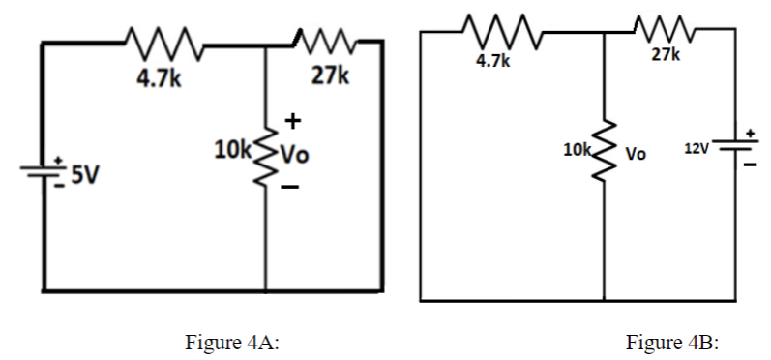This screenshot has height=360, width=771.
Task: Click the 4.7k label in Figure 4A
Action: tap(156, 78)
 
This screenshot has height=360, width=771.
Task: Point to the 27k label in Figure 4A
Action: tap(329, 78)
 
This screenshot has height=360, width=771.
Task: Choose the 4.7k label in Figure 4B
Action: tap(492, 61)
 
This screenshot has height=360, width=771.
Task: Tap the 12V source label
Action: tap(697, 149)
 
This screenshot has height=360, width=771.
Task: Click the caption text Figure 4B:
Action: tap(673, 342)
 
